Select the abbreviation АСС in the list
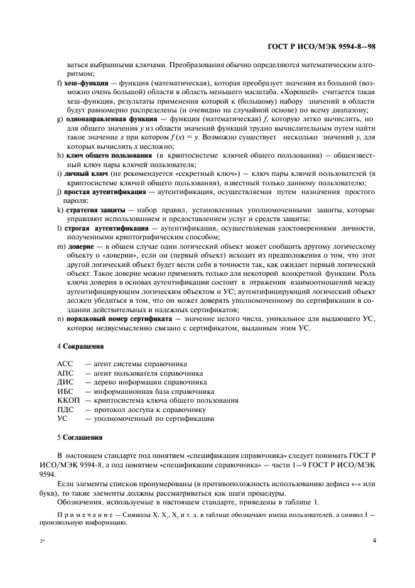tap(65, 364)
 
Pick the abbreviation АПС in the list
tap(65, 373)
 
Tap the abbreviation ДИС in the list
tap(65, 381)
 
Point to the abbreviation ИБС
tap(65, 391)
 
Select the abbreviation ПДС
tap(65, 409)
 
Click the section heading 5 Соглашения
tap(80, 436)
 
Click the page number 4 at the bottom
tap(373, 540)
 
